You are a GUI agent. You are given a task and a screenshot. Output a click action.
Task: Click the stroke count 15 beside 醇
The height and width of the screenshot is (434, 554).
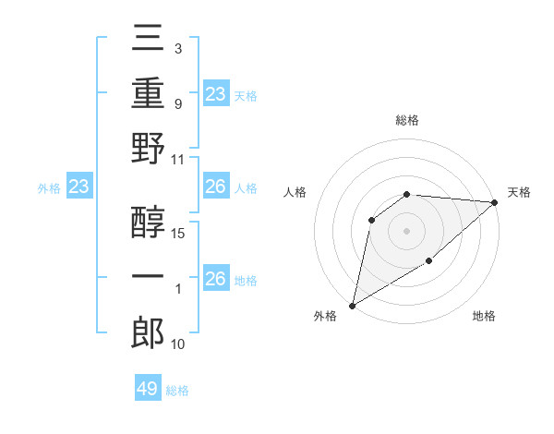[179, 234]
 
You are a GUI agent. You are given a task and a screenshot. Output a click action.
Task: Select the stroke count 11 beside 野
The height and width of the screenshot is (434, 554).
[179, 159]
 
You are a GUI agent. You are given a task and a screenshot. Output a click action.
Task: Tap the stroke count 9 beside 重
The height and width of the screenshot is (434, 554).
[178, 104]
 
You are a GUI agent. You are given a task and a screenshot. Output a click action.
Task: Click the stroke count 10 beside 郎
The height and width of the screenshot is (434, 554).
[179, 344]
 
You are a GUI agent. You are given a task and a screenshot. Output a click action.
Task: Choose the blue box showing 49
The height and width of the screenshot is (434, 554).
[148, 389]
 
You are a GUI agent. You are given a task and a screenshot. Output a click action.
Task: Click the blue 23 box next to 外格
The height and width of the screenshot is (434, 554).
[78, 187]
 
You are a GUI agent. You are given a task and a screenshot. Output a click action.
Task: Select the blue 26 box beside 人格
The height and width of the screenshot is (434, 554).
[215, 187]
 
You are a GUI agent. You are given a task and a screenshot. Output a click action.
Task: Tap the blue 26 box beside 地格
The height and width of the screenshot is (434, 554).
[215, 279]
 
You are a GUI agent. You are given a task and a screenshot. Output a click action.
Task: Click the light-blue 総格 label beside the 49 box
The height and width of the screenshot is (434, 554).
[177, 390]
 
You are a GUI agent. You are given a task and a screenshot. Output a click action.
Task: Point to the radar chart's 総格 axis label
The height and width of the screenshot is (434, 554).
[407, 120]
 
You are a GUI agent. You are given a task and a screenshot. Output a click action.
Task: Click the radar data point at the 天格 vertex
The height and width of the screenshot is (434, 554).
[495, 202]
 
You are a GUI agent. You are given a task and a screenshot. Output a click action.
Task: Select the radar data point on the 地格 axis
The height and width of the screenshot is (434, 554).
[429, 262]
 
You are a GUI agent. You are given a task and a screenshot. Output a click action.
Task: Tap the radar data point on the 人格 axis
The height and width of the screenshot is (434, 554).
[372, 220]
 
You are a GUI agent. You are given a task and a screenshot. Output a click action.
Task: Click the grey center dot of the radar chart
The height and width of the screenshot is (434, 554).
[406, 230]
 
